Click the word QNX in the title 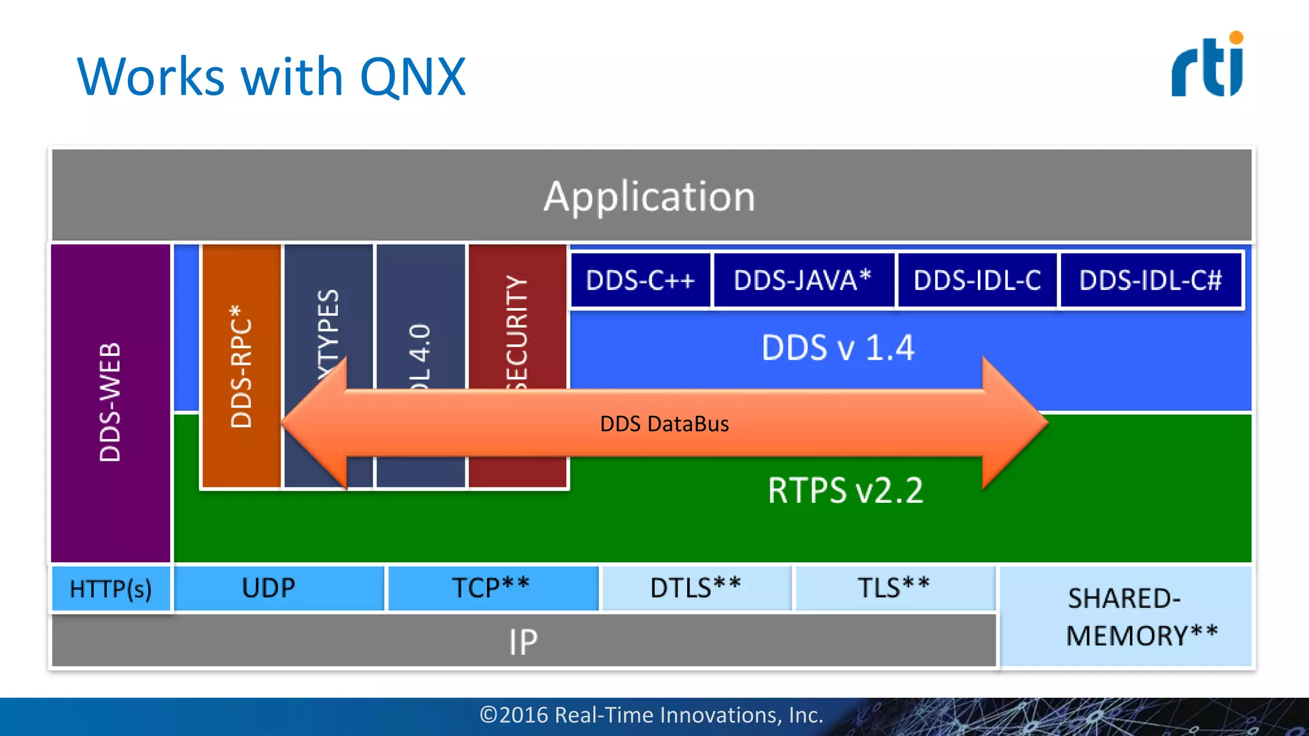tap(413, 77)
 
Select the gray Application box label tap(649, 196)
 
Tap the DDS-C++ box tap(640, 280)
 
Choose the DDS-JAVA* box tap(803, 280)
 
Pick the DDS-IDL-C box tap(977, 280)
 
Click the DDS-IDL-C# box tap(1150, 280)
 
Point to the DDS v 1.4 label tap(838, 348)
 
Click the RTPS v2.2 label tap(846, 491)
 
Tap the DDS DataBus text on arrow tap(664, 424)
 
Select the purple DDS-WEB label tap(110, 402)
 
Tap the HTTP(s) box tap(111, 588)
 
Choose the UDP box tap(269, 588)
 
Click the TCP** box tap(491, 588)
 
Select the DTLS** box tap(695, 588)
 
